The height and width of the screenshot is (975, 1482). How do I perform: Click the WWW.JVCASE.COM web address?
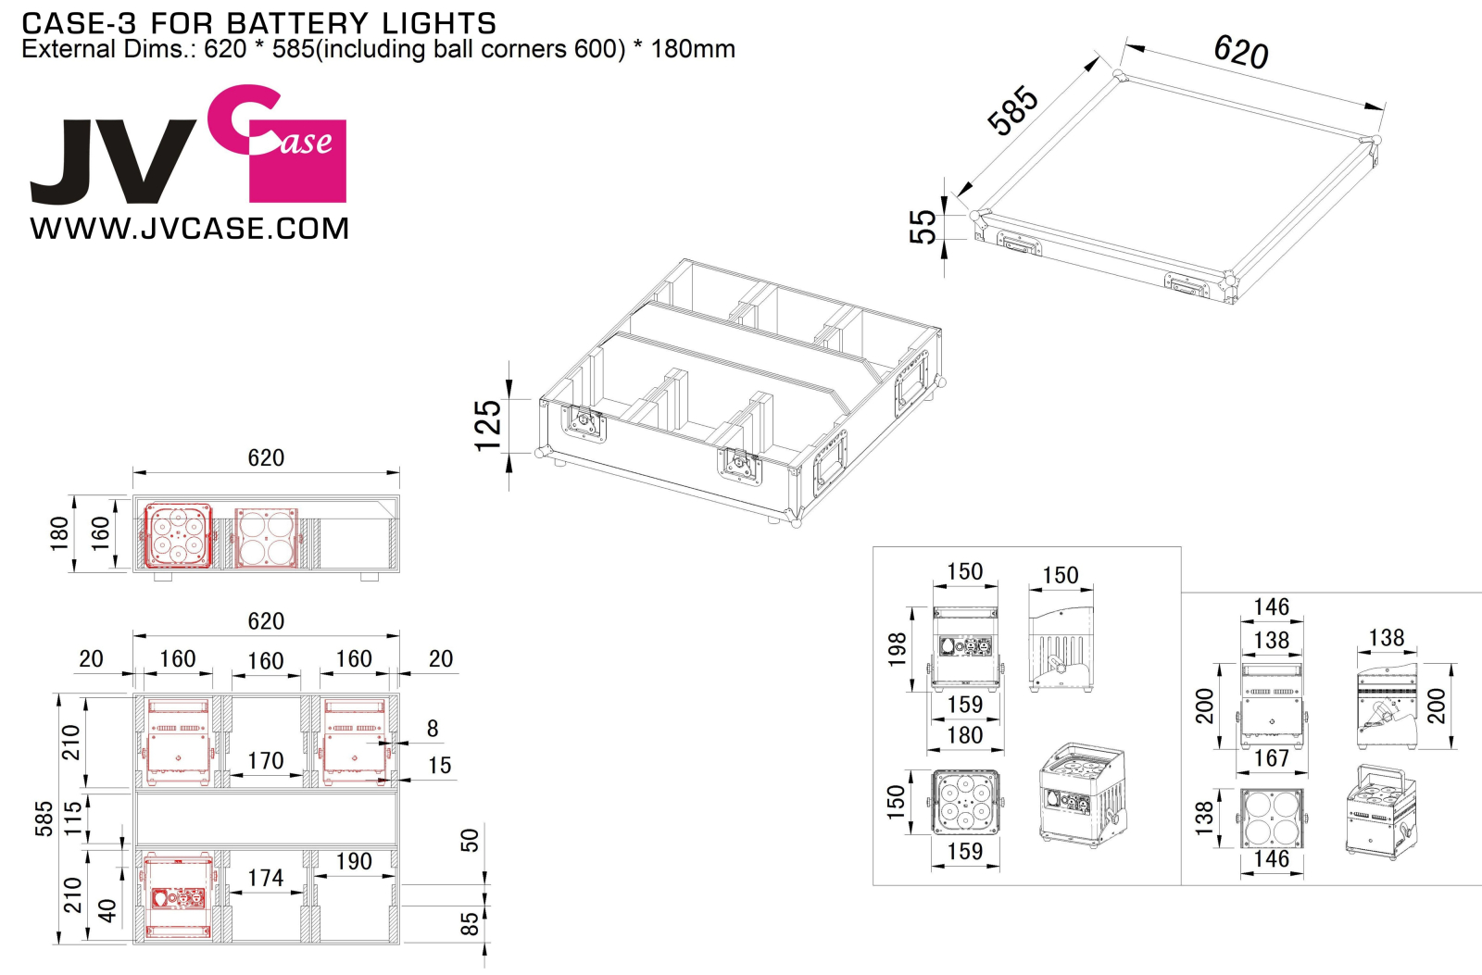tap(189, 229)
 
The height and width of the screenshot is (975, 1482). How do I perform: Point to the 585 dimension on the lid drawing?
tap(1012, 110)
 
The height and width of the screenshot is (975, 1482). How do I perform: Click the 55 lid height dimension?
tap(923, 227)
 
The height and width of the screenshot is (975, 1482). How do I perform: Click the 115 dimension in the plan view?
tap(73, 819)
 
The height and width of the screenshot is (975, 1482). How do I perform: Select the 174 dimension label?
tap(265, 878)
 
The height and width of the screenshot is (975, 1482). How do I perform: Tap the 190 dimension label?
tap(354, 861)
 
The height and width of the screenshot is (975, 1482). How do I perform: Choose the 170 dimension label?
tap(265, 761)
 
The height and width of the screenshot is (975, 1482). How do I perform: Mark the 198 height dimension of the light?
tap(897, 650)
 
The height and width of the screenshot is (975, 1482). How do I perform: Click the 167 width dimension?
tap(1272, 758)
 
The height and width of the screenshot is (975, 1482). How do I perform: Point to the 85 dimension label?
tap(469, 924)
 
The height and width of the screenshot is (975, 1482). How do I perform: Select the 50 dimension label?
tap(469, 840)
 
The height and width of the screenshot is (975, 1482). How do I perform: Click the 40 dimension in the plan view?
tap(107, 911)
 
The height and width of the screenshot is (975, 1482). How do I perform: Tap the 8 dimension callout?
tap(433, 729)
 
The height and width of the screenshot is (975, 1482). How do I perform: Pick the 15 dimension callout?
tap(440, 766)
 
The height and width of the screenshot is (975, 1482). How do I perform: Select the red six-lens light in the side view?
tap(178, 536)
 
